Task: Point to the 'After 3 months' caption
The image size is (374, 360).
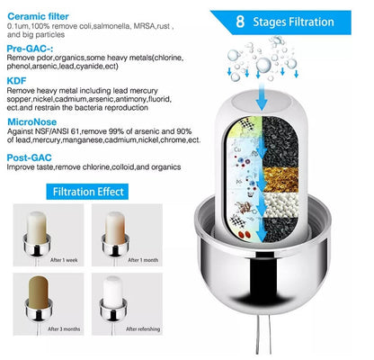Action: [x=66, y=340]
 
